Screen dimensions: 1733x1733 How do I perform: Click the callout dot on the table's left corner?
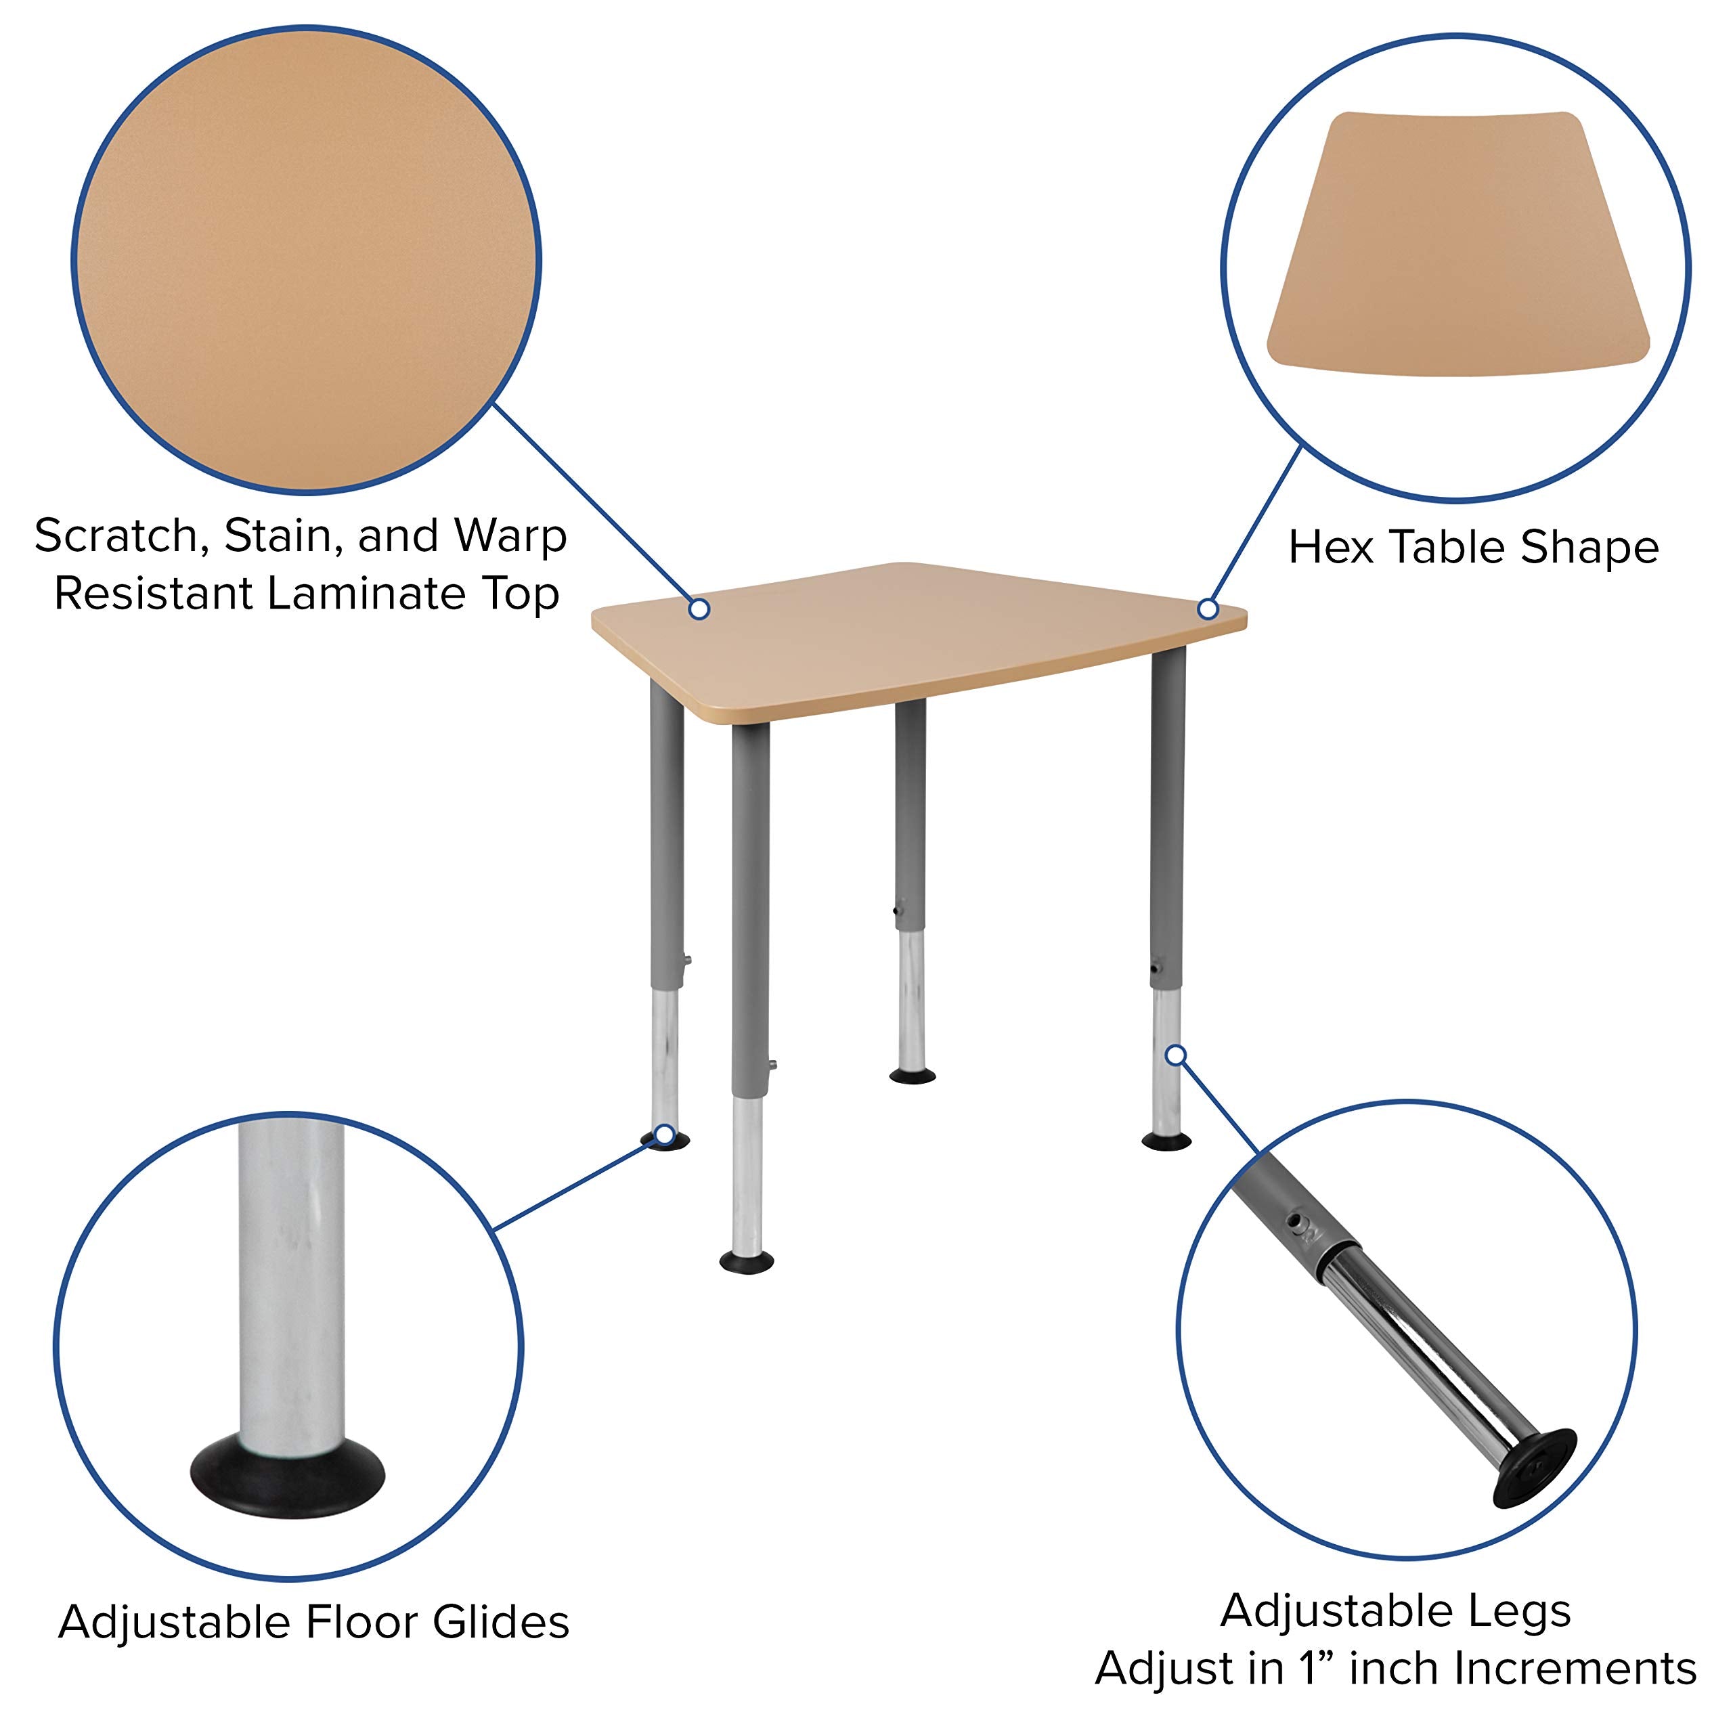(700, 609)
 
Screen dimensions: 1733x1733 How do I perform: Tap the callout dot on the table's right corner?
(1208, 610)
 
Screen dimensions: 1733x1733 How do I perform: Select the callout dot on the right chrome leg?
(1176, 1055)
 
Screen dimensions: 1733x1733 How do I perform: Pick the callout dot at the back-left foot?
(665, 1136)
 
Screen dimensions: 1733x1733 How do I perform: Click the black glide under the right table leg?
(1166, 1141)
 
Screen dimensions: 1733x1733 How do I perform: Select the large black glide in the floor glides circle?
(287, 1476)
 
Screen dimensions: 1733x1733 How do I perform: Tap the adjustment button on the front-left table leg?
(772, 1065)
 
